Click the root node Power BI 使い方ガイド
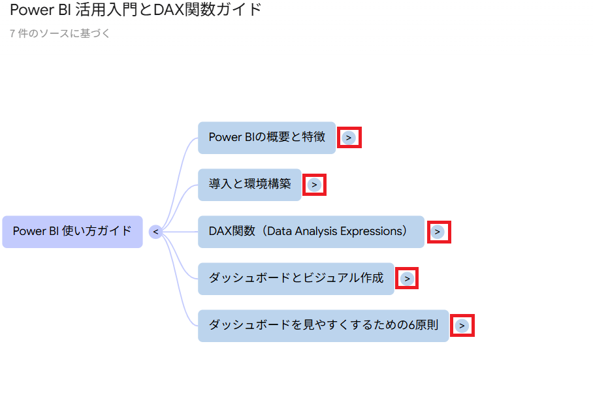[x=72, y=232]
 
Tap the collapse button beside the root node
[x=155, y=232]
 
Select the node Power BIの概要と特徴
[x=266, y=138]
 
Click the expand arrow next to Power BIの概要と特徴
[x=349, y=138]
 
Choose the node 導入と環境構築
[x=249, y=185]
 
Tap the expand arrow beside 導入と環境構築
[x=314, y=185]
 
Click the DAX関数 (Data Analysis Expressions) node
[x=311, y=232]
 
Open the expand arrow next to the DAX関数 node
[x=437, y=232]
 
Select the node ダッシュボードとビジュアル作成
[x=296, y=279]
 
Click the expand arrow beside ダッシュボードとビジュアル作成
[x=407, y=279]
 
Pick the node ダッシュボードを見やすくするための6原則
[x=323, y=326]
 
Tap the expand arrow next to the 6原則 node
[x=462, y=326]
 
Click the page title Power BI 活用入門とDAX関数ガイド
[x=136, y=10]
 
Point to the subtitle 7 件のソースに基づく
[x=59, y=34]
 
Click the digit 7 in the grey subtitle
[x=12, y=34]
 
